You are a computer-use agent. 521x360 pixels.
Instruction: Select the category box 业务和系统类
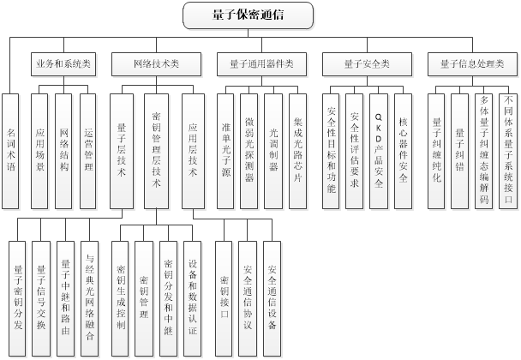(63, 63)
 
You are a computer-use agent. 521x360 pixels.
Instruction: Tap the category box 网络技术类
(157, 63)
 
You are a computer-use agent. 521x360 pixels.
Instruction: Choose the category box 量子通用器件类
(261, 63)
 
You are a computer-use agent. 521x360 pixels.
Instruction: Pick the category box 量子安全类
(366, 63)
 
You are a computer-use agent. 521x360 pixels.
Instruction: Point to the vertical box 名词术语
(11, 151)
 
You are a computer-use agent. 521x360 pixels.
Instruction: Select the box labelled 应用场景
(40, 151)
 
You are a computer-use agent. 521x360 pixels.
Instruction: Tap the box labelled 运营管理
(88, 151)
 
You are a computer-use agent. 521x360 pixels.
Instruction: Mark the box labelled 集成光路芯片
(297, 151)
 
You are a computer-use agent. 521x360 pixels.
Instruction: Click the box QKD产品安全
(378, 151)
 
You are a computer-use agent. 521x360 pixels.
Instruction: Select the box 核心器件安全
(403, 151)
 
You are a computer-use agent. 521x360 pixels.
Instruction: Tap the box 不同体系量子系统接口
(507, 151)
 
